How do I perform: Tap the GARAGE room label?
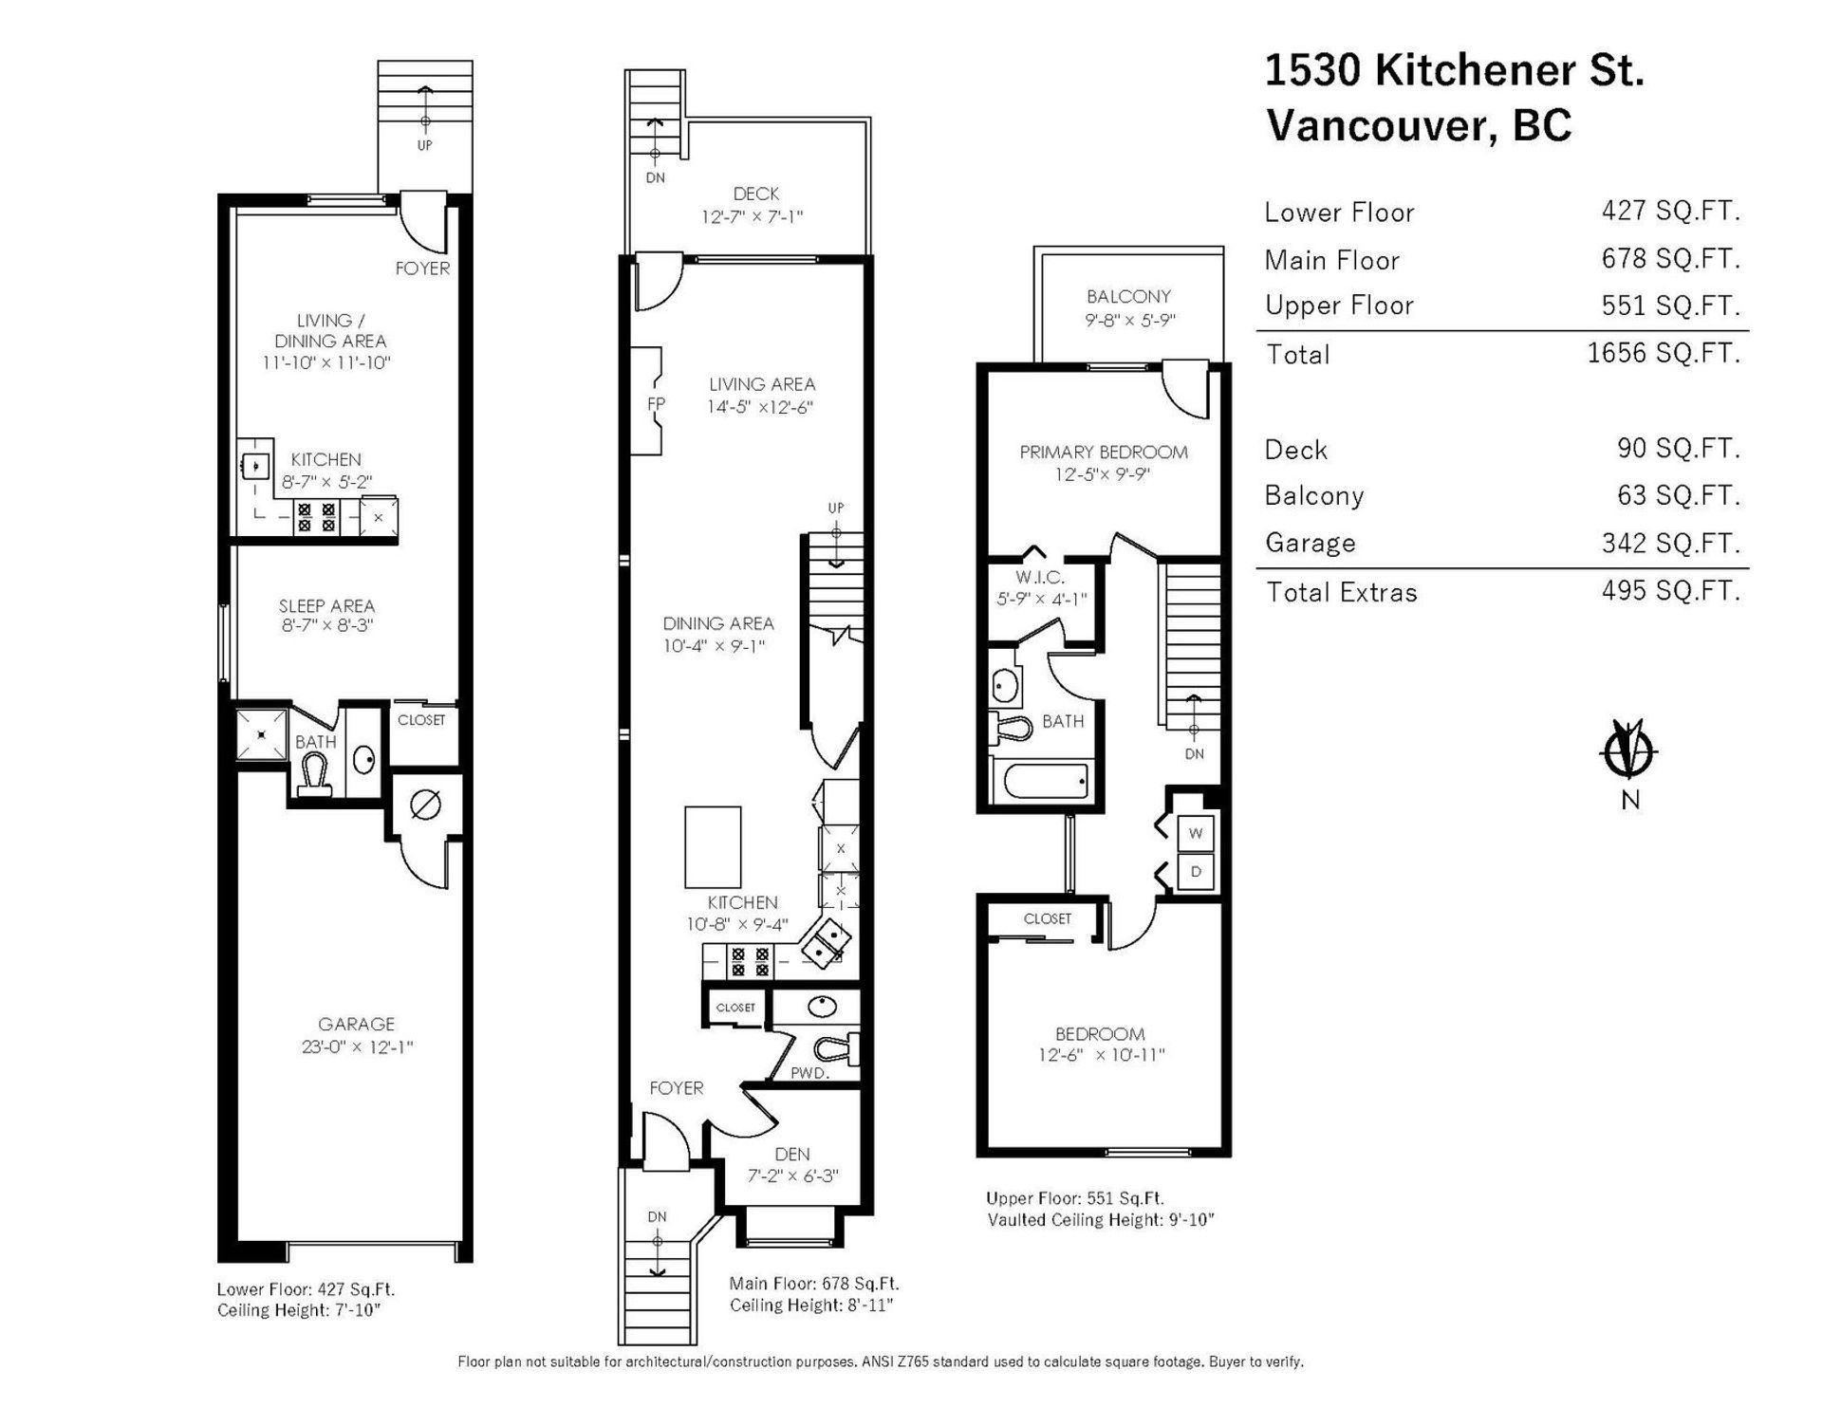pyautogui.click(x=356, y=1025)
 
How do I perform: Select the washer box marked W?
pyautogui.click(x=1196, y=834)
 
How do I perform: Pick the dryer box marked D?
pyautogui.click(x=1196, y=872)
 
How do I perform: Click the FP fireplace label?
pyautogui.click(x=656, y=404)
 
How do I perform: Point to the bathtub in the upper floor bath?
pyautogui.click(x=1040, y=783)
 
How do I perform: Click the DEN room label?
pyautogui.click(x=792, y=1155)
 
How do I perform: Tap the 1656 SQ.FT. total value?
pyautogui.click(x=1664, y=353)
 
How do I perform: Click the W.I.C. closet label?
pyautogui.click(x=1040, y=577)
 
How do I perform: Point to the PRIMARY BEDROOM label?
pyautogui.click(x=1104, y=453)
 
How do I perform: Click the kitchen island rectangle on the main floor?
pyautogui.click(x=713, y=847)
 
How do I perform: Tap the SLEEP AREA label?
pyautogui.click(x=326, y=605)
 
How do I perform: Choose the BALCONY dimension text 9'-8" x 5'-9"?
pyautogui.click(x=1129, y=321)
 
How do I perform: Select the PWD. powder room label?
pyautogui.click(x=809, y=1074)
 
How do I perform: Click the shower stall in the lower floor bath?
pyautogui.click(x=260, y=733)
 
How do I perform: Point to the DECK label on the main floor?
pyautogui.click(x=756, y=194)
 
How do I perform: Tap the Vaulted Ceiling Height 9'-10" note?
pyautogui.click(x=1101, y=1220)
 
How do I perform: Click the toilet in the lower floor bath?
pyautogui.click(x=314, y=777)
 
